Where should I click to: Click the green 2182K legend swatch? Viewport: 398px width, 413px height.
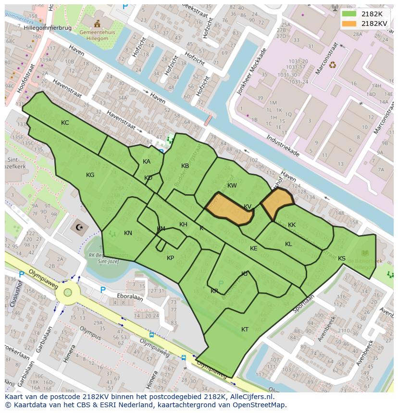pos(349,14)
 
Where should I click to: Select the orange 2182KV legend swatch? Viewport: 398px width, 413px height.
pos(349,24)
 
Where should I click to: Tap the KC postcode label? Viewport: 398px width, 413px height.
pos(65,123)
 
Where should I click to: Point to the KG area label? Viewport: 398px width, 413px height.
pos(90,175)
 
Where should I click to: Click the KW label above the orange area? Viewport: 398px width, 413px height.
pos(232,186)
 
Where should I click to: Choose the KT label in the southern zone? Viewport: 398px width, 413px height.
pos(245,330)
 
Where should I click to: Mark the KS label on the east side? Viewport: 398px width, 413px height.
pos(342,259)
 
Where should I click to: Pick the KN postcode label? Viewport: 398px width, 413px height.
pos(128,233)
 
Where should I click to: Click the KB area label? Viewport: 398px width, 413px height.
pos(185,166)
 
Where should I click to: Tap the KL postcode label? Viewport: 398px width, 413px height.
pos(288,244)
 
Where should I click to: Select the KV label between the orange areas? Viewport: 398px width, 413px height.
pos(248,207)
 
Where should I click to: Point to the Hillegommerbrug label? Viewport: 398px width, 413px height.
pos(47,28)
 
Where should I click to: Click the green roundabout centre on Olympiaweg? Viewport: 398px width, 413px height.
pos(68,292)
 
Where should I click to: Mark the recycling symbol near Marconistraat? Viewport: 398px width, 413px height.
pos(332,64)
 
